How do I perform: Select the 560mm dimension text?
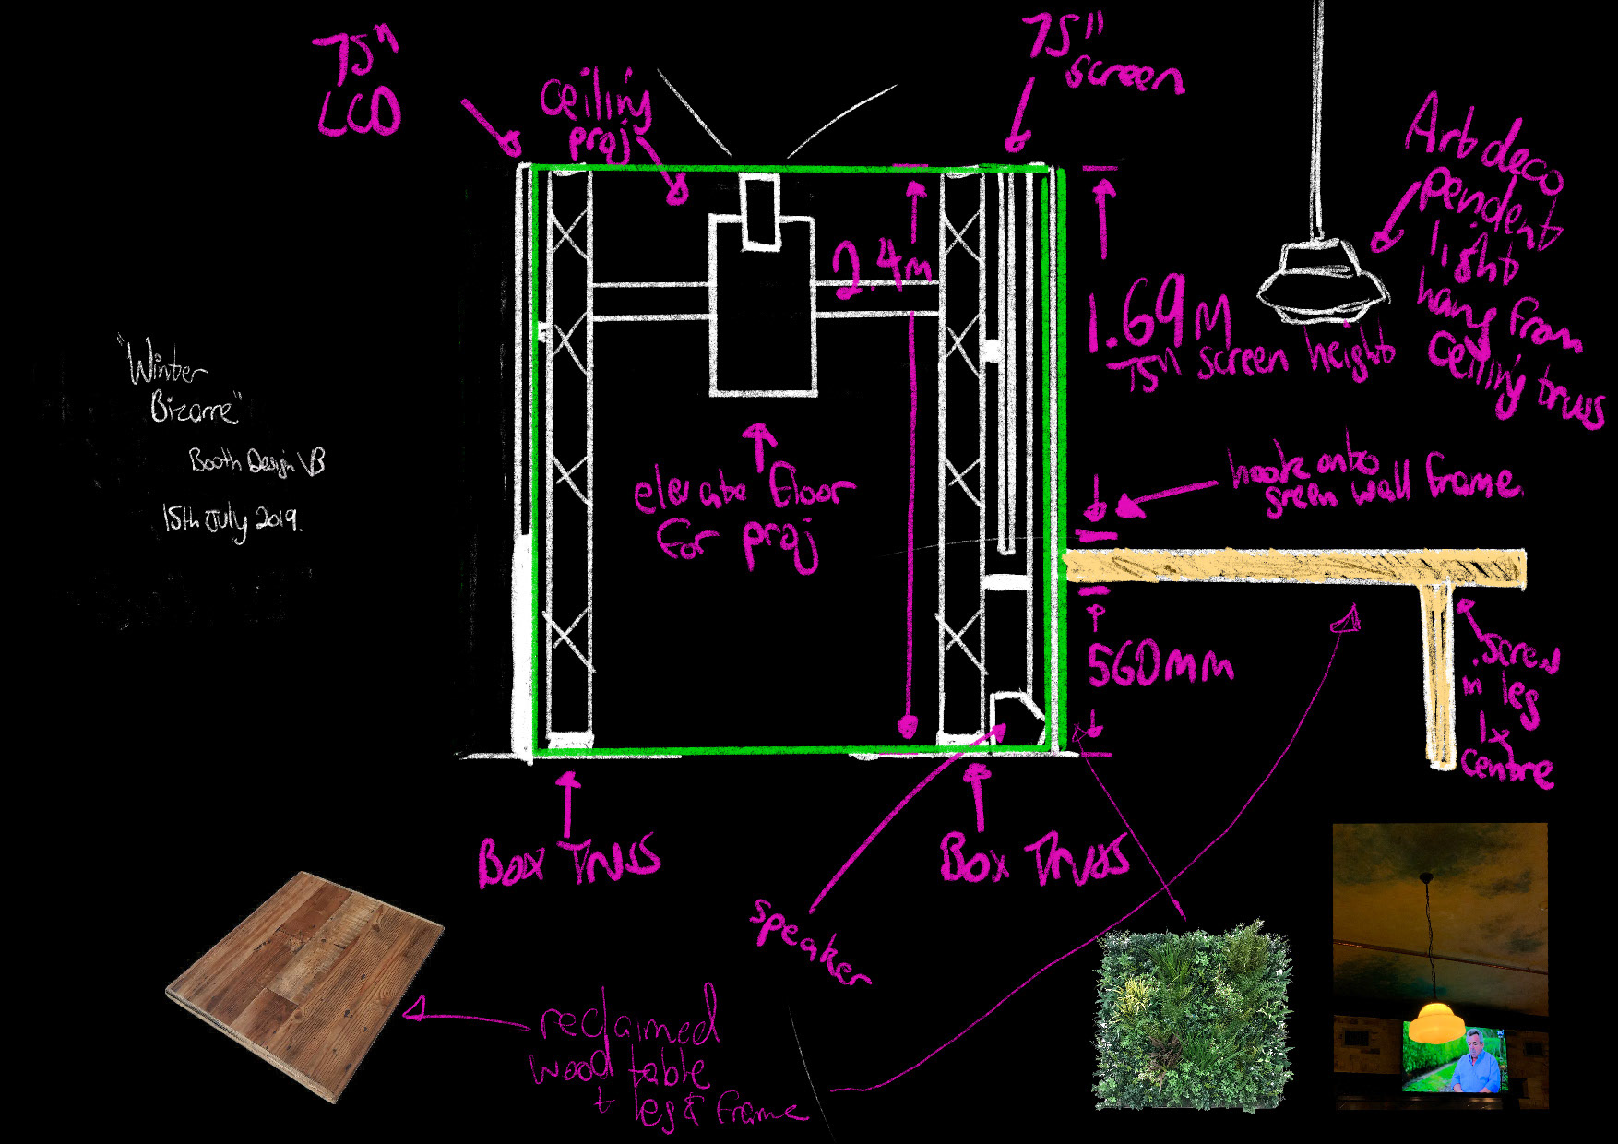(1159, 663)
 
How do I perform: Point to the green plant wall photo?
(1194, 1015)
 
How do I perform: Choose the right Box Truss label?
(1033, 859)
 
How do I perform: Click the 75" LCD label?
(358, 89)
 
